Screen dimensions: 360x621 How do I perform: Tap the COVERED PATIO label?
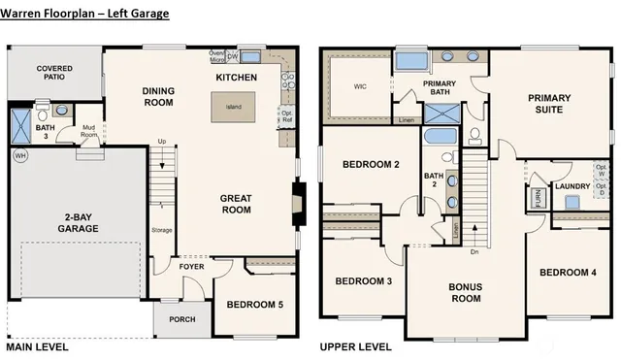tap(54, 73)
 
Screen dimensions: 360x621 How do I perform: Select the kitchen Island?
tap(234, 107)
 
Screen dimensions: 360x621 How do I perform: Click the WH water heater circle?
tap(20, 155)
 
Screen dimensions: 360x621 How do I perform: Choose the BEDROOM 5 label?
tap(254, 305)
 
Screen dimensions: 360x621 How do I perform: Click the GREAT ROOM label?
tap(237, 204)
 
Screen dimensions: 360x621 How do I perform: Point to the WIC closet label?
tap(359, 86)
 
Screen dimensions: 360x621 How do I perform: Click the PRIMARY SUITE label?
tap(549, 104)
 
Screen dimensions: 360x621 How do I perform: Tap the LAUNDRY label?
tap(572, 185)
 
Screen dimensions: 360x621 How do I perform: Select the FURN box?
tap(538, 200)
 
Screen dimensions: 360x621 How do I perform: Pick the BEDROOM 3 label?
tap(363, 281)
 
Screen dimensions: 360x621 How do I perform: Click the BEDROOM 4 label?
tap(568, 272)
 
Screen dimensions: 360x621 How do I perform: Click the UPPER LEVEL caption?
tap(354, 346)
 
